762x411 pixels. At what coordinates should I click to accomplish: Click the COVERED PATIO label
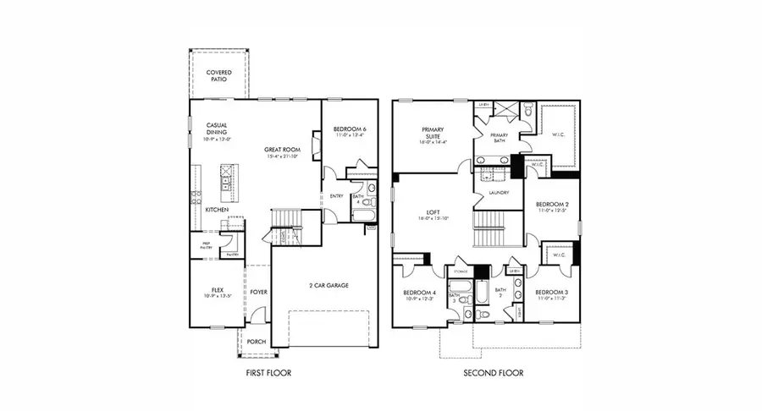[219, 77]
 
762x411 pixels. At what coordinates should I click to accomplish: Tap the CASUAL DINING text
[218, 130]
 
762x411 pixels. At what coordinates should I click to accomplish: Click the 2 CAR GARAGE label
[328, 285]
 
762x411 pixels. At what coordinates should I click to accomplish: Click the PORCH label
[256, 342]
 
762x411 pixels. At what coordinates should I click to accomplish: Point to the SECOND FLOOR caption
[494, 372]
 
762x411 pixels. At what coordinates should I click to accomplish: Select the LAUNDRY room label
[499, 194]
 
